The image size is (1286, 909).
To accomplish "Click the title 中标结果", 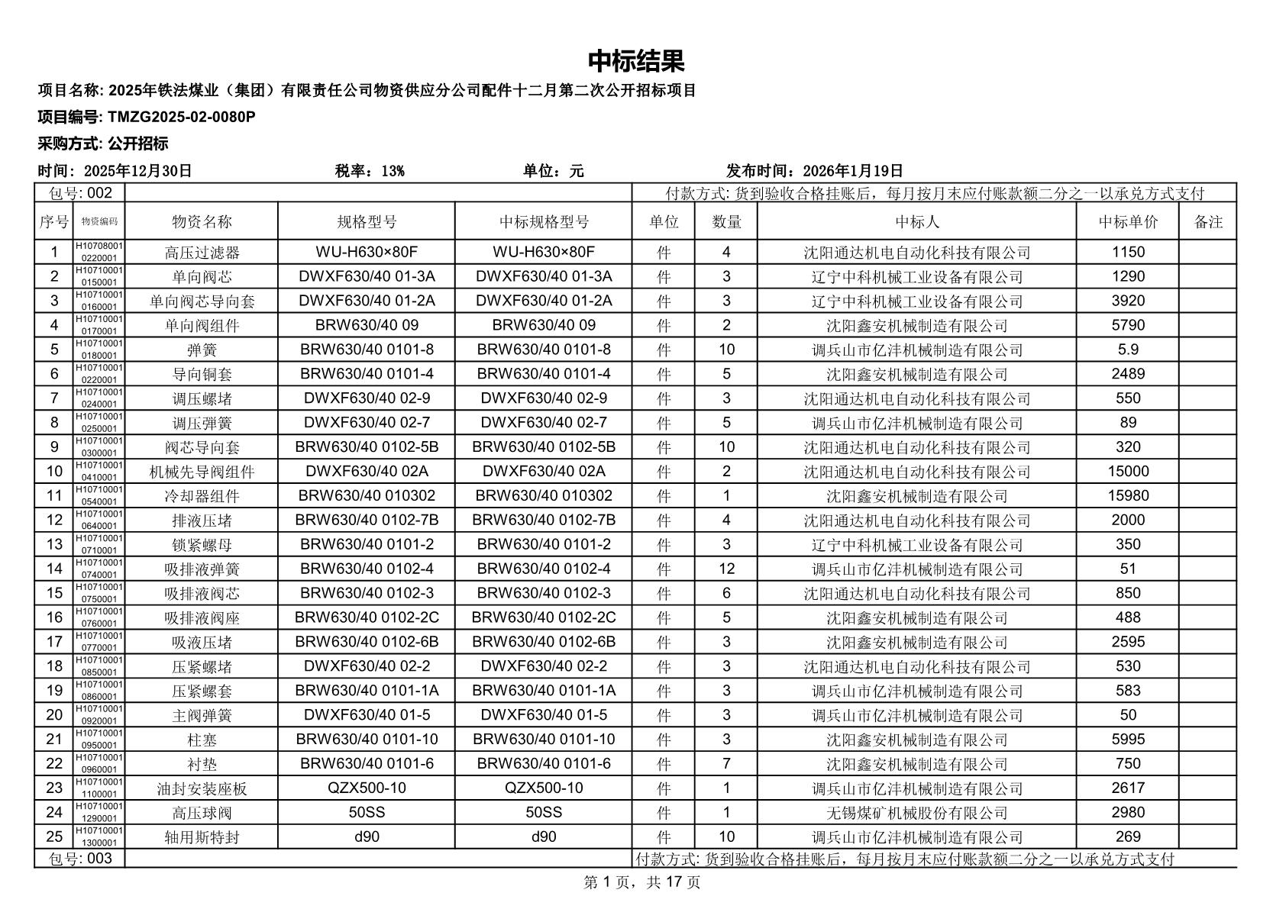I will pos(636,61).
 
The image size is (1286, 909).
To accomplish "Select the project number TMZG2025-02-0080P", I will pos(182,117).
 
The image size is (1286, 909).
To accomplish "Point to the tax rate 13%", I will pos(392,171).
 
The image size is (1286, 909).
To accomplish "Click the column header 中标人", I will pos(916,222).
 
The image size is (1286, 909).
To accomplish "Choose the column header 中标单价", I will pos(1128,222).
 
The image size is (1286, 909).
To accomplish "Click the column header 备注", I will pos(1208,222).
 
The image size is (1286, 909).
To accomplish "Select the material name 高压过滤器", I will pos(202,253).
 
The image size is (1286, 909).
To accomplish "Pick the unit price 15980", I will pos(1128,496).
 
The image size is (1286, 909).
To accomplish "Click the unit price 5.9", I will pos(1128,350).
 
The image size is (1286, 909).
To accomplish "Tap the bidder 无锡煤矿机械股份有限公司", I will pos(916,813).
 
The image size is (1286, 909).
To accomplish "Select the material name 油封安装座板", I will pos(202,788).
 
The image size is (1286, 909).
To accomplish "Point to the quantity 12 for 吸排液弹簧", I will pos(726,569).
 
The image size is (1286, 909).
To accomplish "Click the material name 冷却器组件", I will pos(202,496).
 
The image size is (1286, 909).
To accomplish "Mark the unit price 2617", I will pos(1128,788).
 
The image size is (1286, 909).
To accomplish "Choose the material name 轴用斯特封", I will pos(202,837).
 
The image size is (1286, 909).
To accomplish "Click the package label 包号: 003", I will pos(80,859).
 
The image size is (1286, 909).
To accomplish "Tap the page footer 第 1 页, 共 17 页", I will pos(642,883).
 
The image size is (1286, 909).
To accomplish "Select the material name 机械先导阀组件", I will pos(202,472).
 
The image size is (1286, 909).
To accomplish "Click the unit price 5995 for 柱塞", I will pos(1128,740).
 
